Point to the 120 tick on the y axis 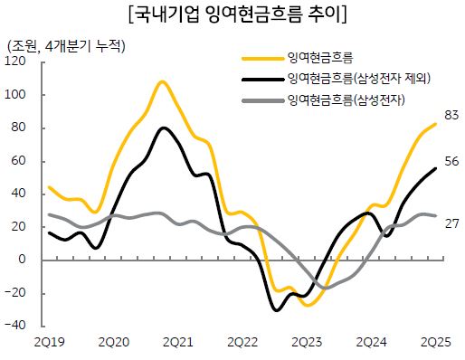[15, 62]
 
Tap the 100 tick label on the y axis [15, 95]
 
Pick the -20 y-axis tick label [15, 293]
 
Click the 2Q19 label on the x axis [49, 341]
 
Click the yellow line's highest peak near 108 [162, 82]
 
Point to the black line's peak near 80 [163, 128]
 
